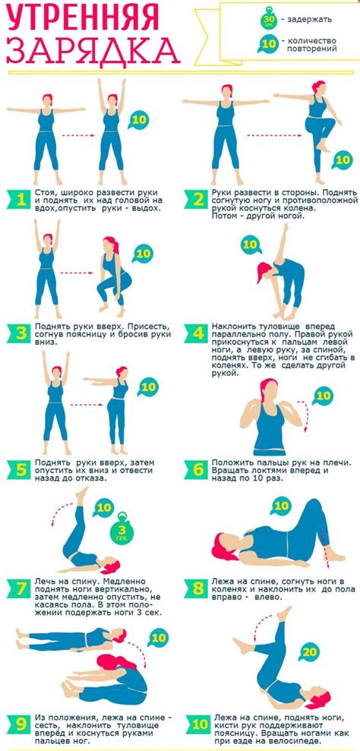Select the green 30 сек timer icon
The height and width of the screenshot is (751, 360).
click(267, 19)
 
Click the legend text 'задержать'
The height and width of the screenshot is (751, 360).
click(309, 20)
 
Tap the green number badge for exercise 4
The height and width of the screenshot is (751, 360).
click(197, 333)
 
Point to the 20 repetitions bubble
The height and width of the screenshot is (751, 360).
click(310, 652)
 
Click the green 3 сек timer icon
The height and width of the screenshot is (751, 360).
click(122, 530)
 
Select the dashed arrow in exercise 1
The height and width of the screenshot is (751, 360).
click(77, 135)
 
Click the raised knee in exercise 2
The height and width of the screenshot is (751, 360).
click(311, 123)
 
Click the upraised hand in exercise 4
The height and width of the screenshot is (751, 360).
click(286, 227)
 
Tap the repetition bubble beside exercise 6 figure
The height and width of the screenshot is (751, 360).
click(324, 396)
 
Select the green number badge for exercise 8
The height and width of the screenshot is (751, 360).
click(197, 588)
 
